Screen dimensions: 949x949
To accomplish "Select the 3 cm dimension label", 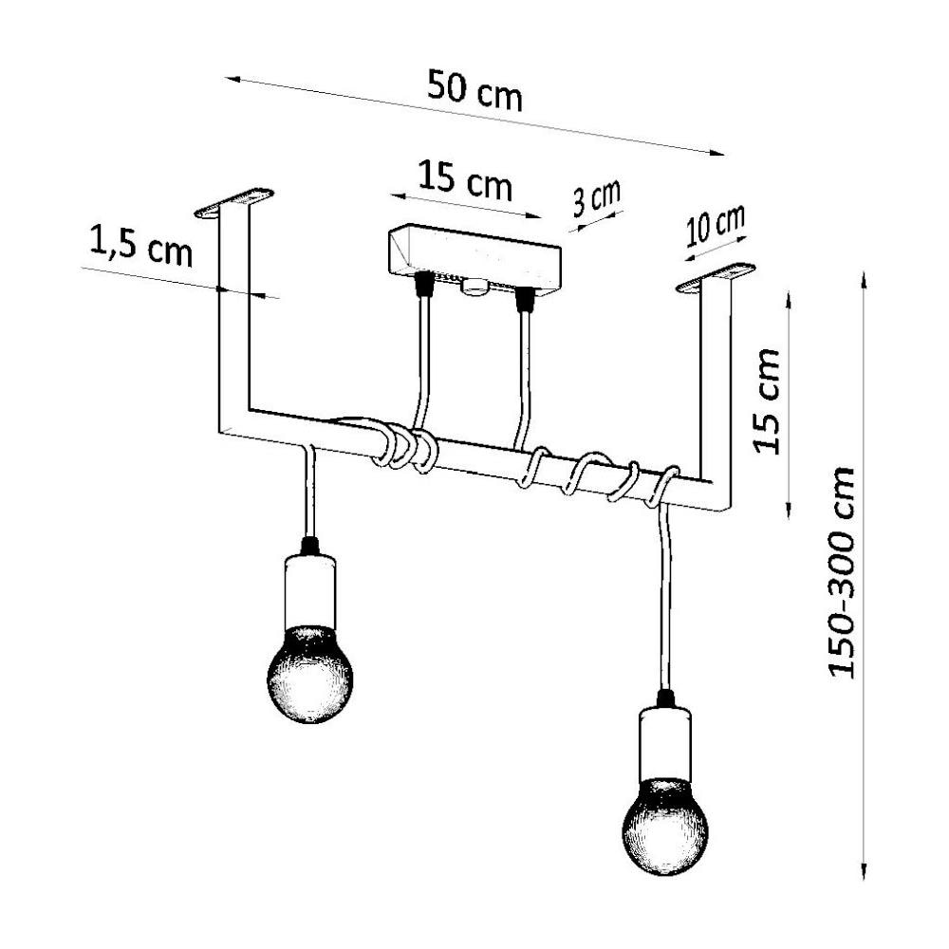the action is (597, 198).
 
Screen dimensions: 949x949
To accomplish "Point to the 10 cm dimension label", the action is (716, 227).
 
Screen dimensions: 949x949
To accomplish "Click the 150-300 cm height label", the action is (841, 572).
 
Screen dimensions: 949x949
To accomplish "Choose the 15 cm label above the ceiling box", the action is (465, 179).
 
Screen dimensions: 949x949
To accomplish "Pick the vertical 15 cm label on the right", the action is (766, 401).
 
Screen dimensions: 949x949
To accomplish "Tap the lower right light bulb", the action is (664, 827).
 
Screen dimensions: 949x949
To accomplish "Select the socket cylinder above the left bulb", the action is (310, 591).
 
